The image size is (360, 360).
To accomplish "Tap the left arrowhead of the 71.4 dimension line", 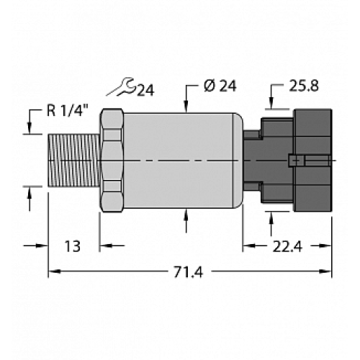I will [x=52, y=272].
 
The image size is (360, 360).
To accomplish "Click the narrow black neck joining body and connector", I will [x=251, y=159].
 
